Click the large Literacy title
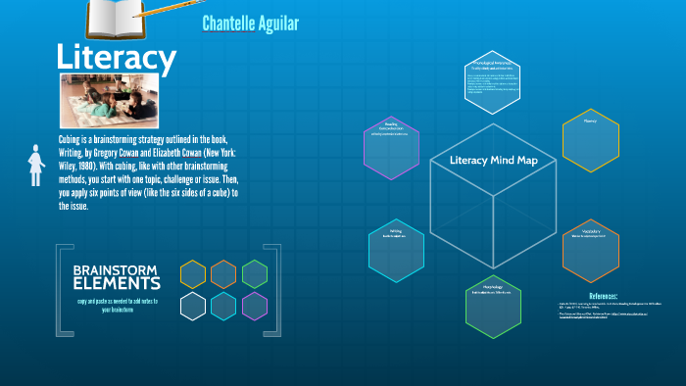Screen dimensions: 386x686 click(116, 58)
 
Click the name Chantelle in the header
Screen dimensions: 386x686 click(230, 23)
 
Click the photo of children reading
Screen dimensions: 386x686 click(110, 101)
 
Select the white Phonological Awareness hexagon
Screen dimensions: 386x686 click(494, 81)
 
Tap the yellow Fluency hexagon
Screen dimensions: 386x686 click(590, 141)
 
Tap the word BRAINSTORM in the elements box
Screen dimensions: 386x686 click(116, 269)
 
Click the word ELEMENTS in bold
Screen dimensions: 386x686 click(116, 284)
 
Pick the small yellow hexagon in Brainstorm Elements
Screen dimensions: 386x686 click(193, 274)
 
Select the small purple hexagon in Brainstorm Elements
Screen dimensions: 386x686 click(255, 307)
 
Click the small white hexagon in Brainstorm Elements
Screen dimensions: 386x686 click(193, 307)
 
